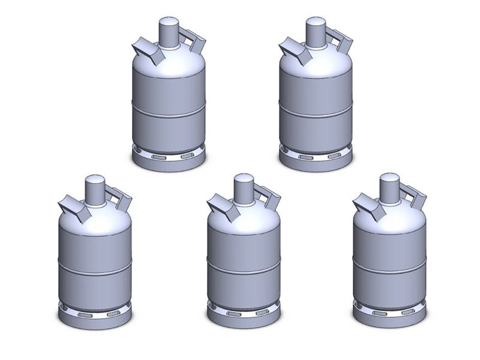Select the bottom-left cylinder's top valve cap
tap(95, 190)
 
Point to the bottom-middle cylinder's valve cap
tap(244, 189)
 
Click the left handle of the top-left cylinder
tap(146, 51)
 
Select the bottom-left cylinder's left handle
tap(73, 208)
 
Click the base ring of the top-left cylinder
tap(169, 158)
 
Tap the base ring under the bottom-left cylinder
tap(95, 316)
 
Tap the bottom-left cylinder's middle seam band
tap(95, 267)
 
